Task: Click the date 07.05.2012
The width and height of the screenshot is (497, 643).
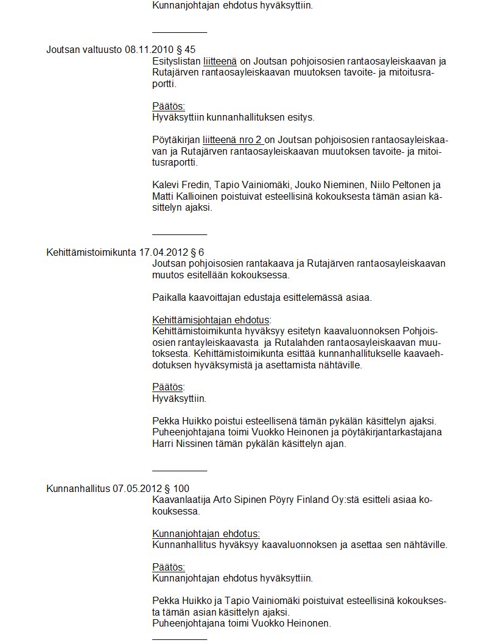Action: click(x=133, y=488)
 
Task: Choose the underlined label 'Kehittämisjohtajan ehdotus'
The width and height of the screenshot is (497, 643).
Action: click(x=210, y=320)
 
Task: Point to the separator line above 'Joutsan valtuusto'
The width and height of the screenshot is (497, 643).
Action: click(x=179, y=32)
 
